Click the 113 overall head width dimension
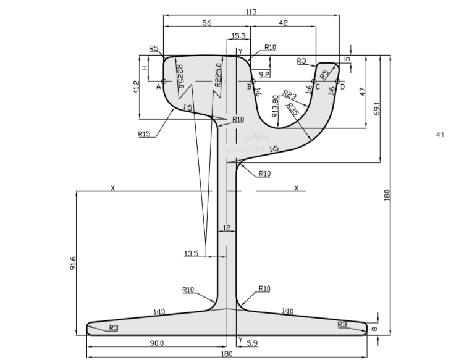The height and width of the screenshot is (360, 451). [x=251, y=11]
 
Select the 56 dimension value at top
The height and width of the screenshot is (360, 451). [x=207, y=22]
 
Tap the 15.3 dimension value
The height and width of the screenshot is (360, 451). [x=239, y=36]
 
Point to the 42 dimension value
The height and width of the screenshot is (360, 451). [x=284, y=22]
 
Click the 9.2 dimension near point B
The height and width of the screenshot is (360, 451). [x=264, y=74]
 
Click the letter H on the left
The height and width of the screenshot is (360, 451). [x=145, y=68]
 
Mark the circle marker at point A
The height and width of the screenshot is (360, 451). [x=163, y=81]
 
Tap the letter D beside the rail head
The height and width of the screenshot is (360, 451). [x=342, y=87]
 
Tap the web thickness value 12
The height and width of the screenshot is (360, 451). [x=227, y=228]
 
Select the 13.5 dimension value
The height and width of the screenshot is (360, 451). [x=191, y=254]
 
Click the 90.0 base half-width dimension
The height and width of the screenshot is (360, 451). [x=158, y=343]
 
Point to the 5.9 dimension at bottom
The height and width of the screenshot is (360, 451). [x=252, y=343]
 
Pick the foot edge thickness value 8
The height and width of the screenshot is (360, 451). [x=374, y=329]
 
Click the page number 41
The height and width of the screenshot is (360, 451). [x=440, y=134]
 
